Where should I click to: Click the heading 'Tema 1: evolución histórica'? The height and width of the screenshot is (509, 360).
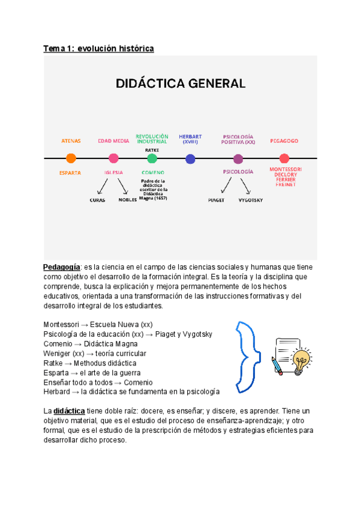98,49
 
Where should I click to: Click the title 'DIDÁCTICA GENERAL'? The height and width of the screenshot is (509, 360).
180,83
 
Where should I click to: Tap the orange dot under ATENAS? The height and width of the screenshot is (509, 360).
71,158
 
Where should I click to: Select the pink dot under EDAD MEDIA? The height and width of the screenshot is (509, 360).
113,158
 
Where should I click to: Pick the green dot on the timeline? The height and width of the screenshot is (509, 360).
152,158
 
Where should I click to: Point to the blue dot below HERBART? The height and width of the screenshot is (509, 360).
190,159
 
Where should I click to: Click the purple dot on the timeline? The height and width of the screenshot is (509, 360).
238,159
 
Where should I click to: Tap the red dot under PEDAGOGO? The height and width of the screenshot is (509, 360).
284,158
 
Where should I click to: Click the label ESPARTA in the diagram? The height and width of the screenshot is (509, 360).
71,172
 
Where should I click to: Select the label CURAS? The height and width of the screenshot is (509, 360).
97,200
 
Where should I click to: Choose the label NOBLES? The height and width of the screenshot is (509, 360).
128,200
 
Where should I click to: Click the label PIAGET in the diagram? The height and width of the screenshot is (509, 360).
216,200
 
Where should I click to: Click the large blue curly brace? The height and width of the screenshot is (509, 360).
247,355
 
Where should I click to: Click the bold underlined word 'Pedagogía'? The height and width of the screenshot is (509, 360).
62,267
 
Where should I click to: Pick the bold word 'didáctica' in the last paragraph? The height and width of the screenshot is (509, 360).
70,411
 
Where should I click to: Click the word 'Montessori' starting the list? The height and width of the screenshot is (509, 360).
63,325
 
